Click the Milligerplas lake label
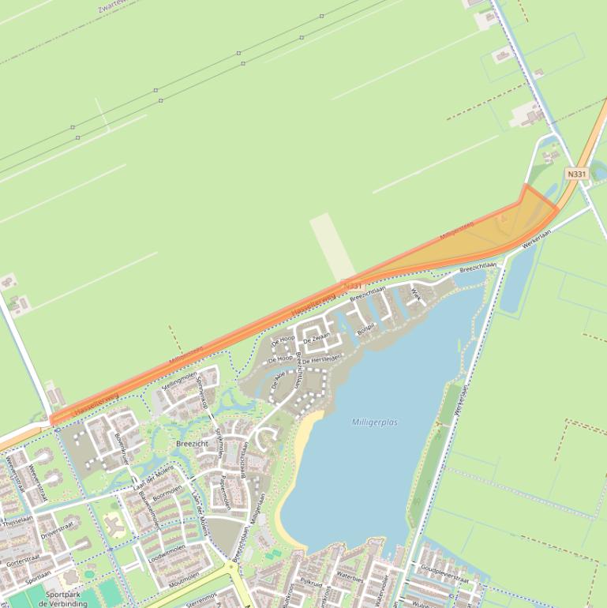[375, 422]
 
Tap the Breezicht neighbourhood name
[191, 445]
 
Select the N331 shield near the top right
[577, 174]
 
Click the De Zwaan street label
[316, 338]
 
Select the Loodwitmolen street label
[167, 554]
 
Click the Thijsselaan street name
[17, 520]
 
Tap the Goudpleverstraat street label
[445, 578]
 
